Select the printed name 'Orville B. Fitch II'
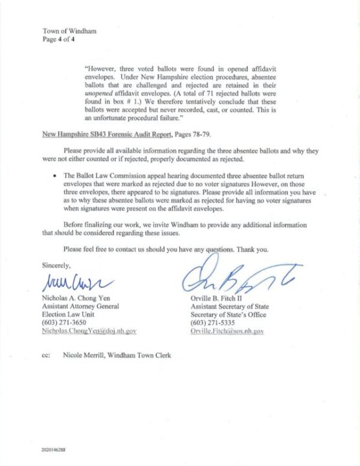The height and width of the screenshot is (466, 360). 219,299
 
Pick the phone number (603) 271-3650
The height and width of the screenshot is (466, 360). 65,322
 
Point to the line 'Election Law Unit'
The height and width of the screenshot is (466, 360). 67,315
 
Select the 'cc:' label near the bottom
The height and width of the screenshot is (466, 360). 47,355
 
